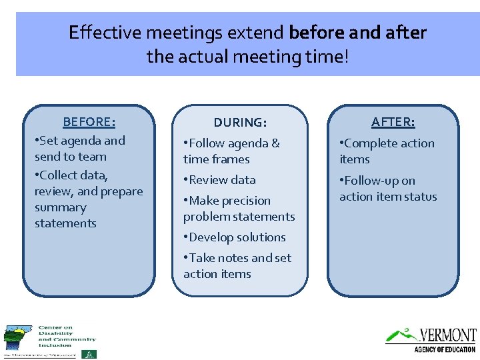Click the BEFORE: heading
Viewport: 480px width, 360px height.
(x=89, y=122)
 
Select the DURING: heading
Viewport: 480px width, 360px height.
(x=240, y=123)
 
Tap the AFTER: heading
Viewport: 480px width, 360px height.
(x=393, y=122)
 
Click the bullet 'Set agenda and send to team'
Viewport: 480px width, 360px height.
(x=80, y=149)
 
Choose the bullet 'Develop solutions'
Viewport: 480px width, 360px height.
(x=235, y=237)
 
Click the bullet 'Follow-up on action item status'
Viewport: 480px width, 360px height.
(x=387, y=189)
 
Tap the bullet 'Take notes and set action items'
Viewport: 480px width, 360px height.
(x=237, y=266)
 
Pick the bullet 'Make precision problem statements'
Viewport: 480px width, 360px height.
(x=238, y=209)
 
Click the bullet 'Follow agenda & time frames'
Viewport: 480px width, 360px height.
(x=231, y=151)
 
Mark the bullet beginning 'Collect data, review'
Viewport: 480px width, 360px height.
(x=88, y=199)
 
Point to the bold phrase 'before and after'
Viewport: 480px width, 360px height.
(x=358, y=33)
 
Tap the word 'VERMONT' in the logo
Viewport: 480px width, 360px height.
(x=447, y=335)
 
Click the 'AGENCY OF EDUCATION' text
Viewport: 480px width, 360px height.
(x=445, y=349)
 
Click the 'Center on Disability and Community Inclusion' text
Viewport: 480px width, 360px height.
(x=67, y=336)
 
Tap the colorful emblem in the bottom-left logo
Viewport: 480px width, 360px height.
(x=17, y=338)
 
